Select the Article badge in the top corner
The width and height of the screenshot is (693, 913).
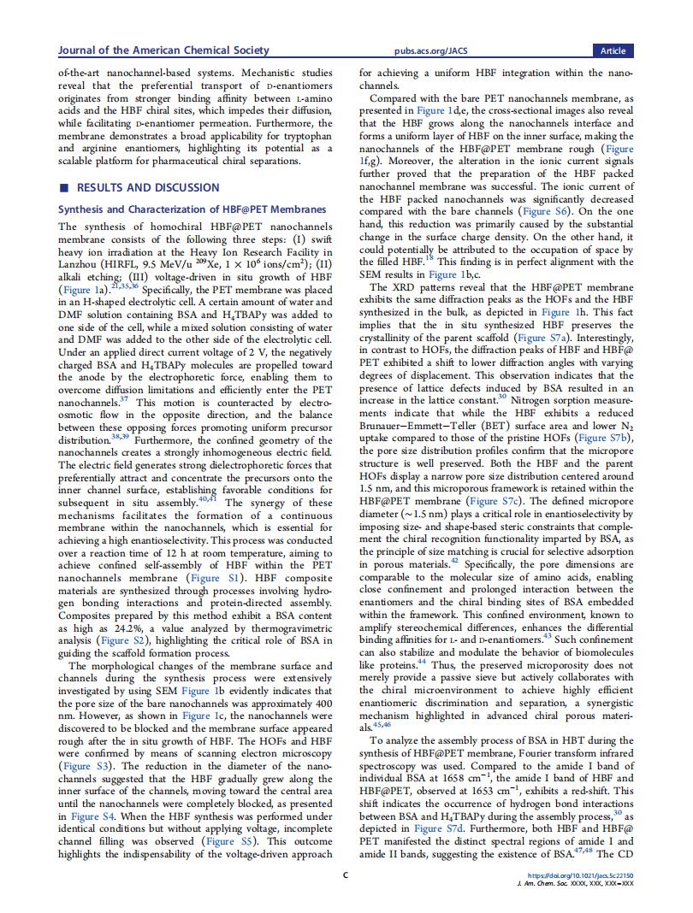613,50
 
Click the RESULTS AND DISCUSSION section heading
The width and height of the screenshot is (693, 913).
148,187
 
